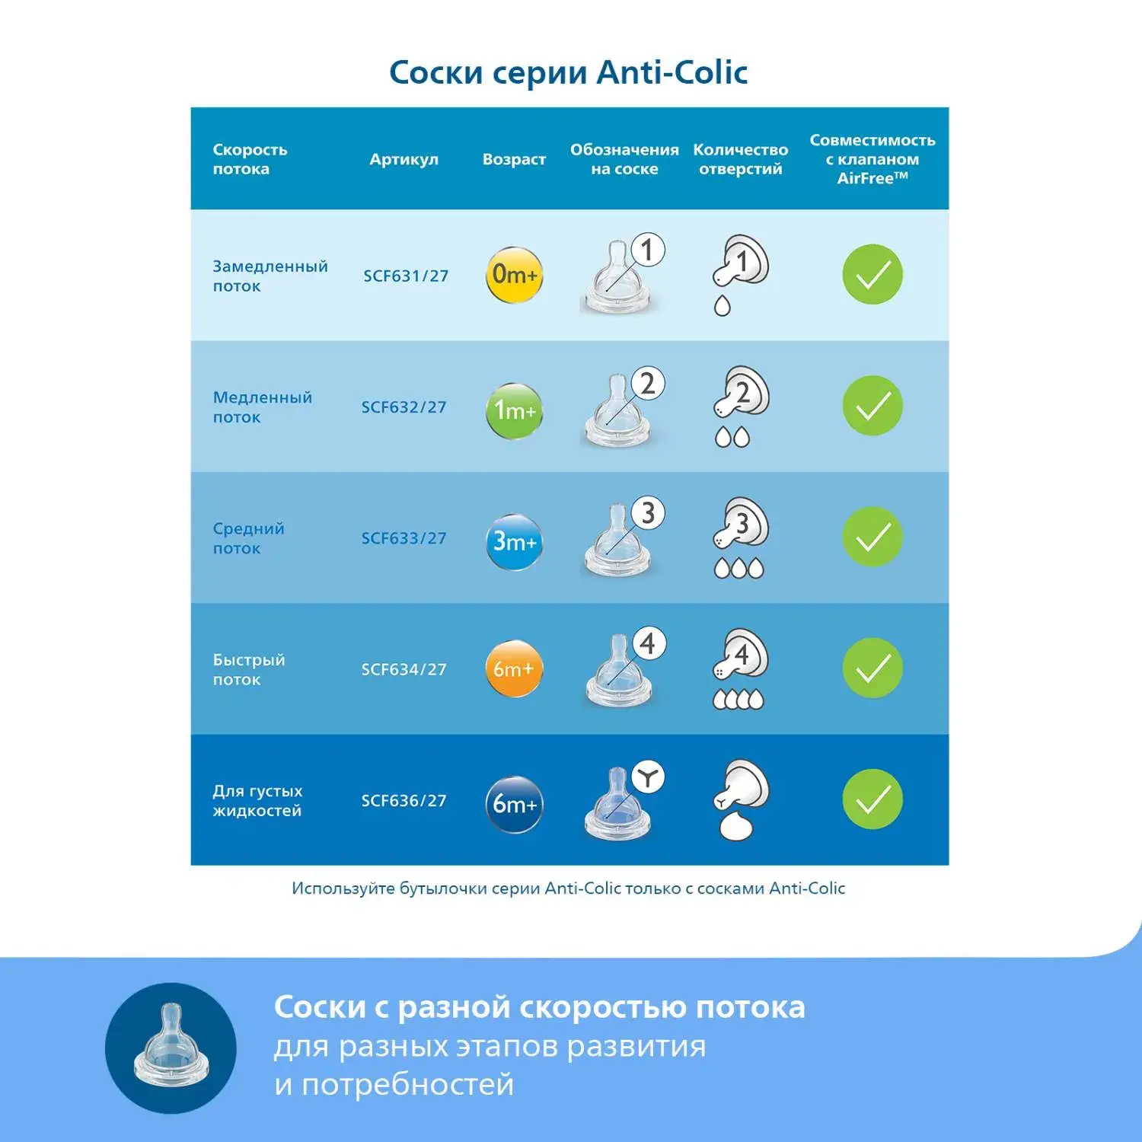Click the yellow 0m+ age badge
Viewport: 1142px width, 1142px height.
click(514, 274)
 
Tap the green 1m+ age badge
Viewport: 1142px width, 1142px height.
click(514, 410)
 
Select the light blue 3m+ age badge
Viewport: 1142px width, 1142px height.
click(514, 542)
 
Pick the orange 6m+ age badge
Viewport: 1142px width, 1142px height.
click(514, 668)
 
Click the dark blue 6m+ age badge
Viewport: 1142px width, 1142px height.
click(514, 804)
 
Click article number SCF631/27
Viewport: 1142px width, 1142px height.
click(406, 276)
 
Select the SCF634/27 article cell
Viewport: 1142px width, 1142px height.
click(404, 669)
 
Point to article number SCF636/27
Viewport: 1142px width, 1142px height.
click(404, 800)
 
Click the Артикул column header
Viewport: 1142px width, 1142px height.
click(404, 160)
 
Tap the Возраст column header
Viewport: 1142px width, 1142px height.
click(514, 160)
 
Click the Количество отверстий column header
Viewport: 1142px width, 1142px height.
click(740, 159)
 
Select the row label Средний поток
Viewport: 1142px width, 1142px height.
click(248, 538)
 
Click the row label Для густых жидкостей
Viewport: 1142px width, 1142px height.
click(257, 800)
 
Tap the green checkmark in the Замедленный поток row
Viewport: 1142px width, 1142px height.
click(872, 274)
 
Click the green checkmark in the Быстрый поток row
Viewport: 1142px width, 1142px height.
click(872, 668)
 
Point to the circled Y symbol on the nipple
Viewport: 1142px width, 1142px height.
click(648, 777)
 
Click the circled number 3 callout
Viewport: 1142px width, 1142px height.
click(648, 513)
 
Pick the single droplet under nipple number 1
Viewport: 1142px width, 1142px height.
click(722, 305)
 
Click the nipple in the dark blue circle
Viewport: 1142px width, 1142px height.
click(171, 1043)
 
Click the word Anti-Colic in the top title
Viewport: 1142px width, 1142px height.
click(672, 72)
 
